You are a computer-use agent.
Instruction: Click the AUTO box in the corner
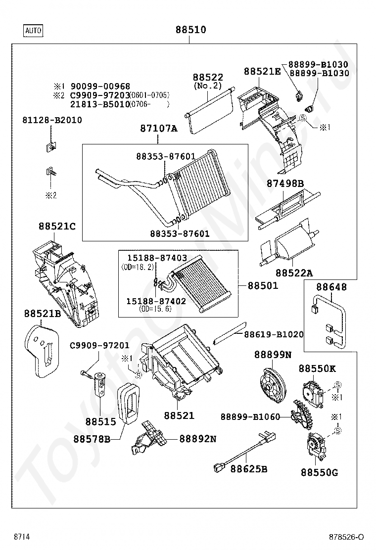pyautogui.click(x=33, y=31)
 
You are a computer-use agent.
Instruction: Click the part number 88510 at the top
pyautogui.click(x=191, y=30)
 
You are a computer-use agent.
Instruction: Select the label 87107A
pyautogui.click(x=158, y=129)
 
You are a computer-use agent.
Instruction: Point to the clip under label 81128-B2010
pyautogui.click(x=51, y=146)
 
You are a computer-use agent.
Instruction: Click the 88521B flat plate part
pyautogui.click(x=41, y=351)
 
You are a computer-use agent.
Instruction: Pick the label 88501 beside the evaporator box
pyautogui.click(x=263, y=285)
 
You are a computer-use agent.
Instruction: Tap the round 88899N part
pyautogui.click(x=273, y=385)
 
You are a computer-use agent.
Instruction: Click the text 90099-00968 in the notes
pyautogui.click(x=100, y=86)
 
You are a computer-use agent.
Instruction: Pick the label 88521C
pyautogui.click(x=57, y=226)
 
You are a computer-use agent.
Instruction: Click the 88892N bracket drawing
pyautogui.click(x=147, y=438)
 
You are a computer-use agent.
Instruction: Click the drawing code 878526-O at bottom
pyautogui.click(x=346, y=537)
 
